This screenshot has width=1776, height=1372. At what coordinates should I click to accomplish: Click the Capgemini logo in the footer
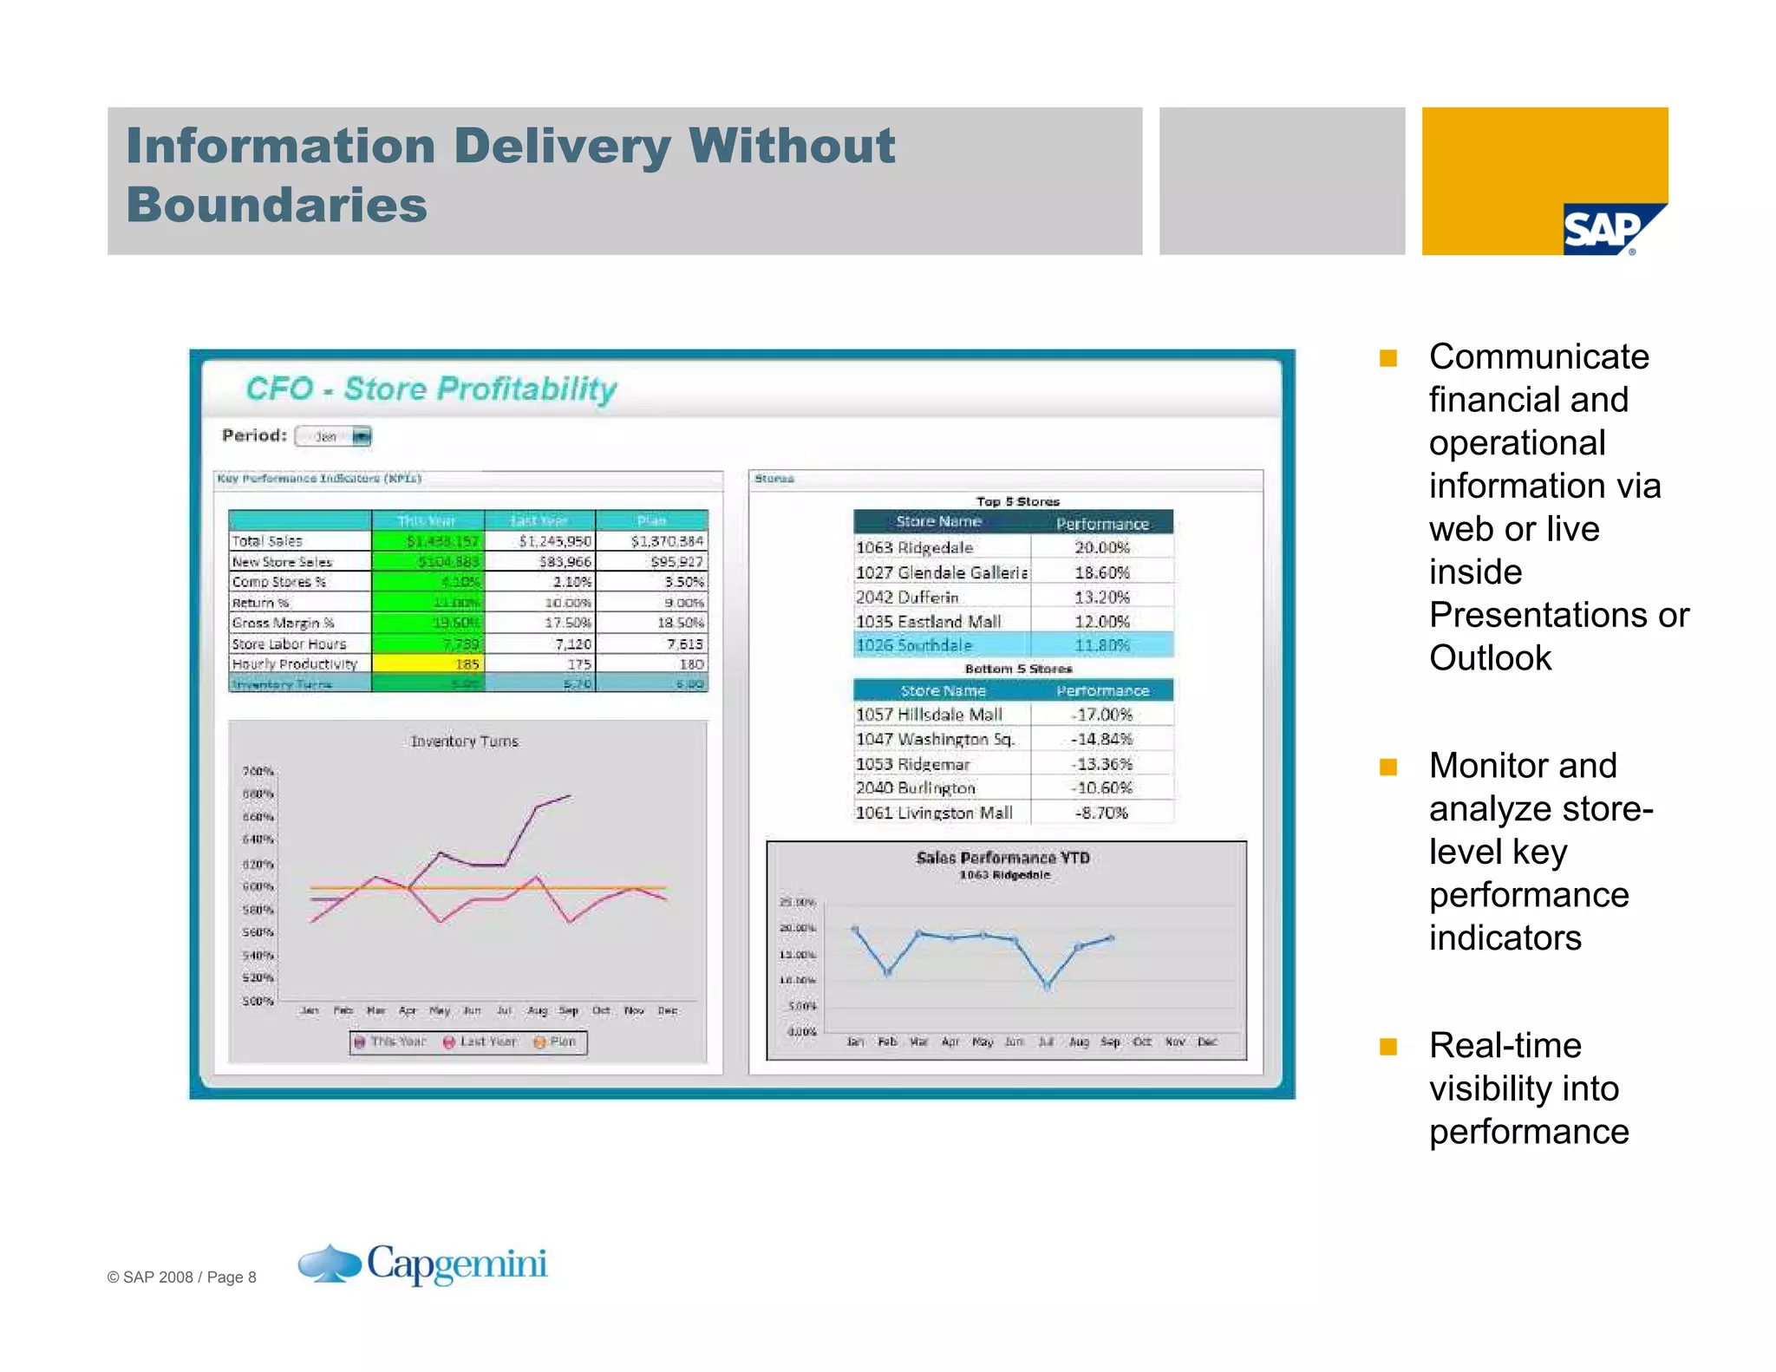(x=423, y=1264)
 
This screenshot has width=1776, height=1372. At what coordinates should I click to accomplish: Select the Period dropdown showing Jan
(x=334, y=436)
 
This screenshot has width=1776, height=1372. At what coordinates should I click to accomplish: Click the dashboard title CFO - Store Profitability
(x=431, y=389)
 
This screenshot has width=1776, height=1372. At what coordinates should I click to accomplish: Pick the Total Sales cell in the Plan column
(x=666, y=541)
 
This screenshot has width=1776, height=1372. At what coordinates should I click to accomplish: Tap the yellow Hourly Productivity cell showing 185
(x=428, y=664)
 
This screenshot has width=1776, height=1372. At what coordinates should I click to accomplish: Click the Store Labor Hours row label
(x=289, y=644)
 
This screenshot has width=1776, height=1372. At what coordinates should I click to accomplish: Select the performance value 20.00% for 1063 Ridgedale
(x=1102, y=548)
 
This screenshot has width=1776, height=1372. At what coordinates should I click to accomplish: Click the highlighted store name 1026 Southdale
(x=914, y=646)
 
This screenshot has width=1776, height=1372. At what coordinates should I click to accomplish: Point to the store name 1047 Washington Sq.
(x=935, y=740)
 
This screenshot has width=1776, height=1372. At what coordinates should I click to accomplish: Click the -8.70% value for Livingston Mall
(x=1101, y=813)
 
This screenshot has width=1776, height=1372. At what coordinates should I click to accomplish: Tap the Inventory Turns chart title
(x=465, y=742)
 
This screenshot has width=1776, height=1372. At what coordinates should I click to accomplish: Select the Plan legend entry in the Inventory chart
(x=555, y=1042)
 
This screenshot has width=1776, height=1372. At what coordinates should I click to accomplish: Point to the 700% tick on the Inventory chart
(x=258, y=772)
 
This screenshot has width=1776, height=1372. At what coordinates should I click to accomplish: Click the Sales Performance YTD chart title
(x=1003, y=858)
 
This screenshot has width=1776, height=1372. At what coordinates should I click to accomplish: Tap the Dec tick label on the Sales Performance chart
(x=1207, y=1042)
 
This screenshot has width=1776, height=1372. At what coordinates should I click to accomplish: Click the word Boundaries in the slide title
(x=277, y=206)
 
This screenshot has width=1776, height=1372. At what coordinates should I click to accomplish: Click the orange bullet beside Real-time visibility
(x=1388, y=1047)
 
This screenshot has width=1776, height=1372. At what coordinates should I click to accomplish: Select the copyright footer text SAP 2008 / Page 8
(x=182, y=1277)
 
